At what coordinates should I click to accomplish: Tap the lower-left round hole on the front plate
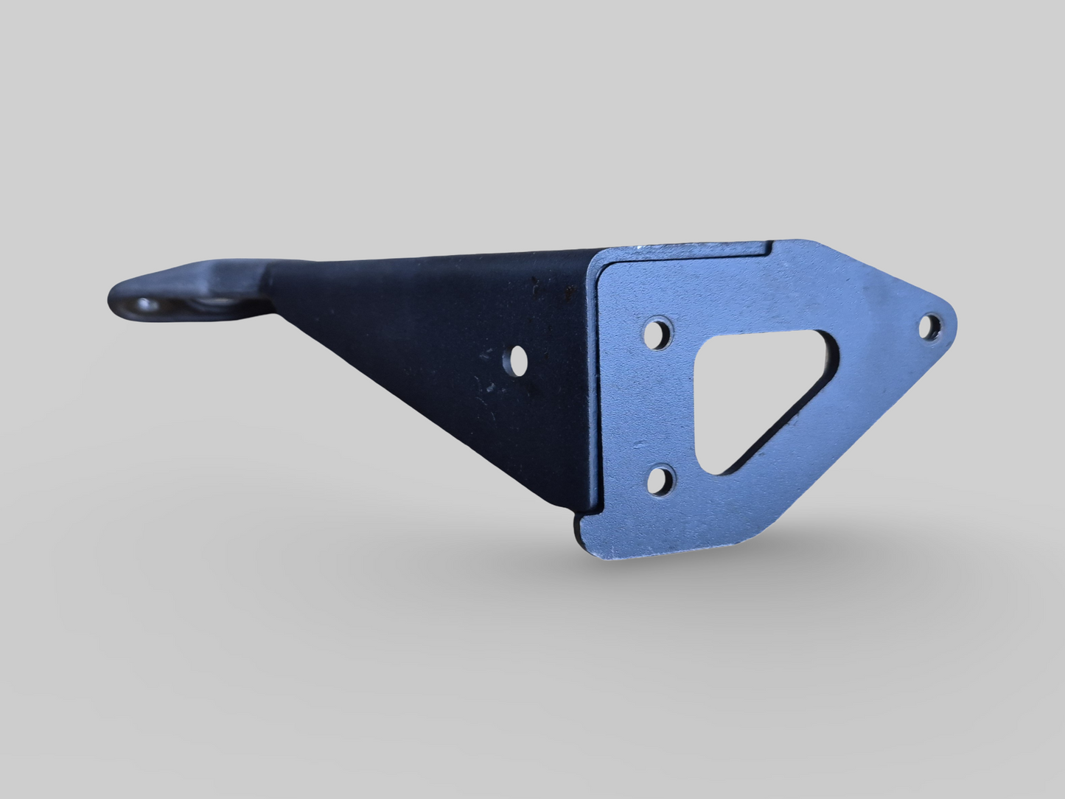(660, 480)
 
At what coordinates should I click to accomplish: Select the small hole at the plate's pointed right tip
(931, 325)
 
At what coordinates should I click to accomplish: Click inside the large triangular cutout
(744, 398)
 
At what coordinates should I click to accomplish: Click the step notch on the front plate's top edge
(770, 247)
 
